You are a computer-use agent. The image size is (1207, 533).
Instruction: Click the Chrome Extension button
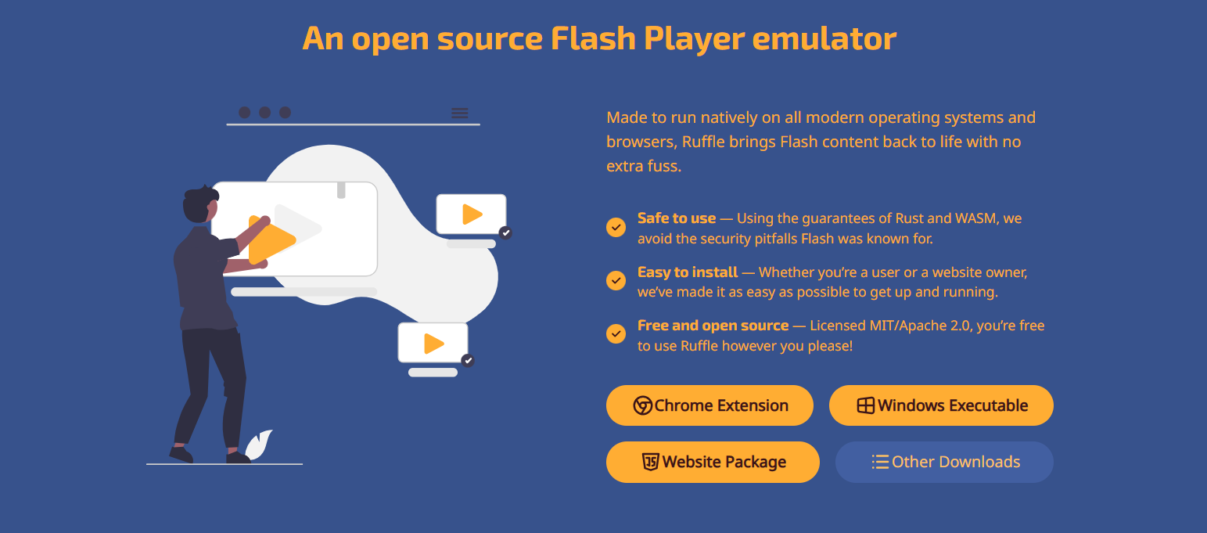709,405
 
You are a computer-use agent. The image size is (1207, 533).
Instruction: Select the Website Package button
713,462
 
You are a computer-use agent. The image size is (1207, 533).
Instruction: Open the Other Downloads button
944,462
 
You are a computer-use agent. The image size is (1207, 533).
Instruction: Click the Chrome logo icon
642,405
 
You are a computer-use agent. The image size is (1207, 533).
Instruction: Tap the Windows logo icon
865,405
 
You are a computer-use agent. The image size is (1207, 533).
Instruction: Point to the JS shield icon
650,462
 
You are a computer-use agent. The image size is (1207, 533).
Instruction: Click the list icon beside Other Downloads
880,462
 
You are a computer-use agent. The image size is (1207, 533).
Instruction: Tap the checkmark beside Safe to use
616,228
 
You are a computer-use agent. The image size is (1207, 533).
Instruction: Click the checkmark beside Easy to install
616,280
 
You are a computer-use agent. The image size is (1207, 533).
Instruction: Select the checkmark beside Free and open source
616,333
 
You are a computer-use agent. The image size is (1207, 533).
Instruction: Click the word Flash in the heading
593,38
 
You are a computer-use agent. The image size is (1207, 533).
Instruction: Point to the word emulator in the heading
824,39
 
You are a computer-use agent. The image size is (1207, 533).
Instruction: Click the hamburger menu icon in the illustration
460,113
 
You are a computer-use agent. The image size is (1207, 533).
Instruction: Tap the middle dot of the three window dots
264,112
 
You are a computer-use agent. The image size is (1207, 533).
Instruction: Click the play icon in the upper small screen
472,214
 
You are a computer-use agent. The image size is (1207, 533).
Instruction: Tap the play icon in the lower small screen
434,344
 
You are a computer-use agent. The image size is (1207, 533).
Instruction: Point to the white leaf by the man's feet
259,445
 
